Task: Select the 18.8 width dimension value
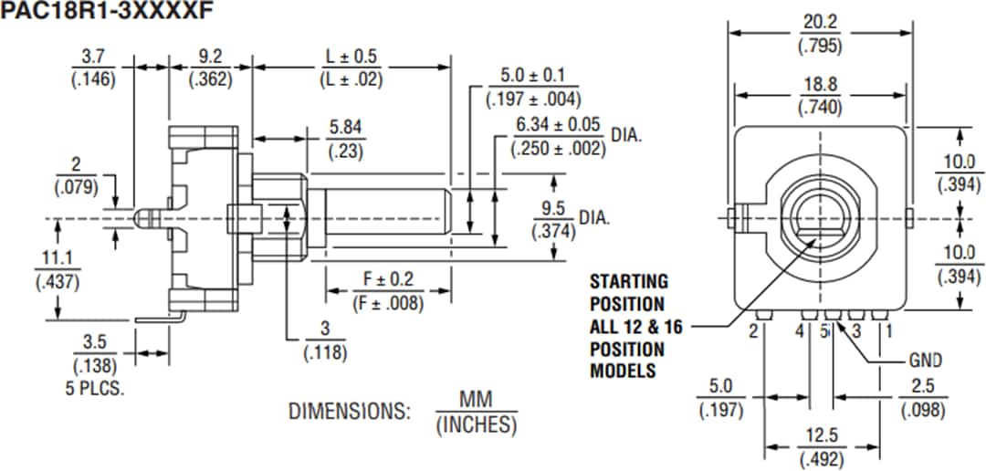point(820,84)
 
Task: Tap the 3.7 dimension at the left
point(92,57)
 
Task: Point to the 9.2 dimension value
point(210,57)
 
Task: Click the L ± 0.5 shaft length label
point(351,57)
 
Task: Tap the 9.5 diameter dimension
point(554,208)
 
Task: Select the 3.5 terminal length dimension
point(95,344)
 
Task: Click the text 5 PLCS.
point(95,386)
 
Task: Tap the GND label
point(925,361)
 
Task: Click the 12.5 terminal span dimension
point(820,438)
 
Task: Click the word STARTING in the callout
point(628,281)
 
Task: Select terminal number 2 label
point(754,330)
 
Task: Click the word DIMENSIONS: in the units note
point(350,411)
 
